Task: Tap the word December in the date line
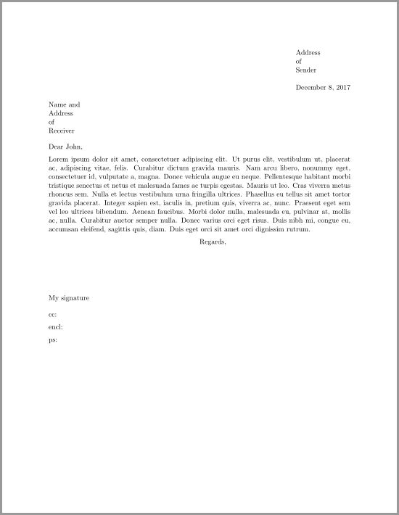pos(313,87)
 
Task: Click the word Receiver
pos(62,131)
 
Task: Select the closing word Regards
pos(213,242)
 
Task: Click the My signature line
pos(69,297)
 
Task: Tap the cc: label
pos(52,314)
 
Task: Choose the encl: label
pos(54,326)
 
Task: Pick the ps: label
pos(52,339)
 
